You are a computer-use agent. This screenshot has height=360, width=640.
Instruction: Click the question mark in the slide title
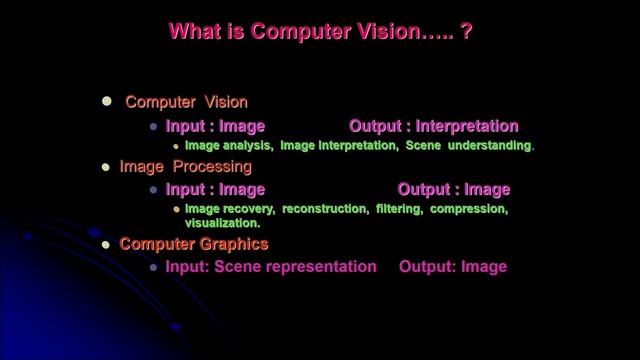click(466, 32)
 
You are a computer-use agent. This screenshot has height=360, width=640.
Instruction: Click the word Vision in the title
click(374, 32)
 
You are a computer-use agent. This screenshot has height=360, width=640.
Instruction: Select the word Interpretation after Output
click(467, 127)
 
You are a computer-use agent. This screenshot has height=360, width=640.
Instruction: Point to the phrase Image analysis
click(228, 146)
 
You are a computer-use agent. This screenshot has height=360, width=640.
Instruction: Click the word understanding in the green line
click(489, 146)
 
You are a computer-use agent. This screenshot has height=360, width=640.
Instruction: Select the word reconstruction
click(325, 209)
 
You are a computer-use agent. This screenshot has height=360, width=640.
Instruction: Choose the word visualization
click(223, 224)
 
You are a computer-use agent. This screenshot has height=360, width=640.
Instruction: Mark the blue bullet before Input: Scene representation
click(153, 268)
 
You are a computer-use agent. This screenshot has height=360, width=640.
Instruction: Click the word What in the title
click(192, 32)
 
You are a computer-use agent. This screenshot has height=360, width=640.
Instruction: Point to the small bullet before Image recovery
click(176, 210)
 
